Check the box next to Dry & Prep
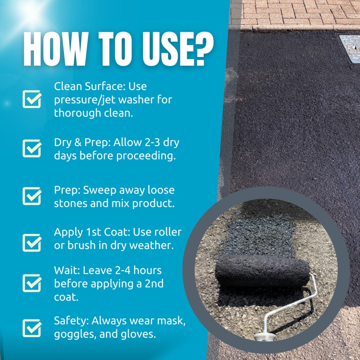pos(32,148)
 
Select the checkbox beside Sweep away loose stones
pos(32,196)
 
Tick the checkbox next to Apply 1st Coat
pos(32,243)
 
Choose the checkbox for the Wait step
pos(32,283)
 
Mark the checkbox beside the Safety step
pos(32,328)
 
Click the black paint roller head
pos(262,270)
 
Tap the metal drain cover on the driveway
pos(350,47)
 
